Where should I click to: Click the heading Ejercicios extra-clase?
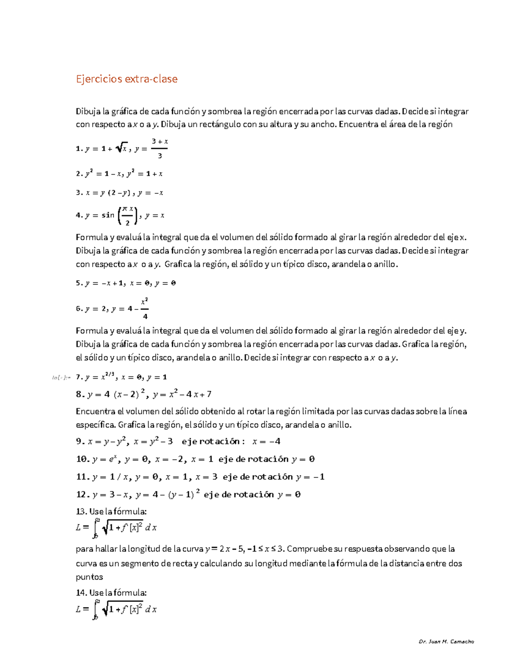coord(127,79)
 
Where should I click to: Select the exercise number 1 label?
coord(79,149)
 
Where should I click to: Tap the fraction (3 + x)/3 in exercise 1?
coord(159,148)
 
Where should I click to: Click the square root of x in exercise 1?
coord(122,148)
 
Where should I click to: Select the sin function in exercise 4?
coord(108,215)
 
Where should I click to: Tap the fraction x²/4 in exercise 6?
coord(145,309)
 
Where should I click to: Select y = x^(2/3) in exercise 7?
coord(100,377)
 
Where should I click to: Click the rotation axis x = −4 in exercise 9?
coord(266,442)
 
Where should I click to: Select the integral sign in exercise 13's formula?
coord(96,527)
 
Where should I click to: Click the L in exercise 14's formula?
coord(78,609)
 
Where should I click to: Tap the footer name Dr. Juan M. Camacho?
coord(446,642)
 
